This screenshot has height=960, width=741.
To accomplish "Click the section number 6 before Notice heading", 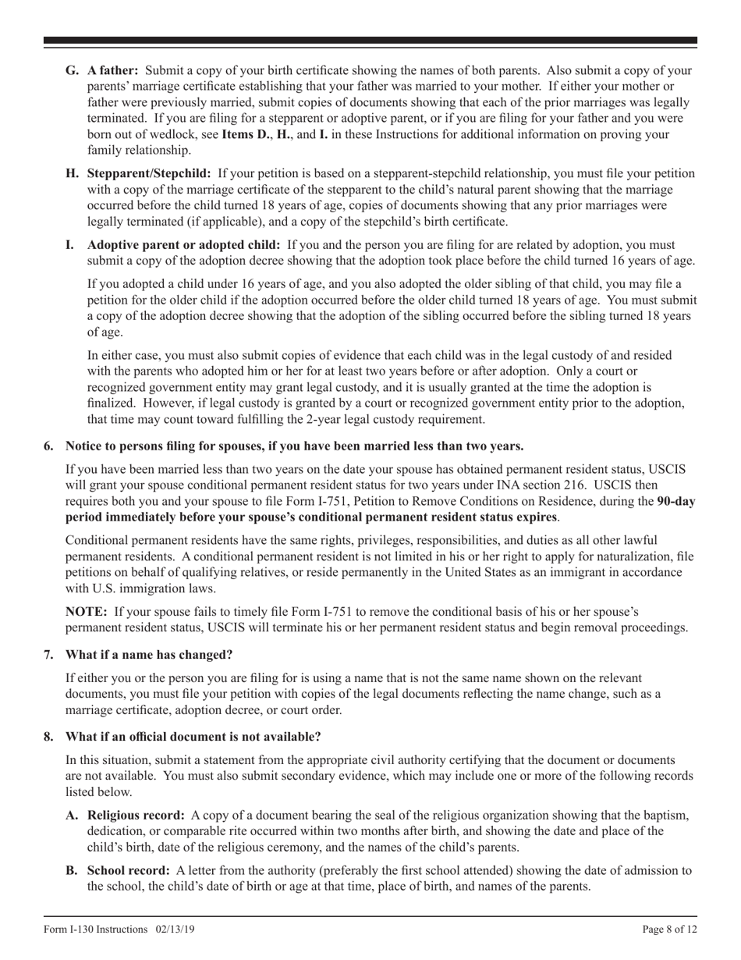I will point(49,446).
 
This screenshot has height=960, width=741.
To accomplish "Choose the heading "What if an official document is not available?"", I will point(193,737).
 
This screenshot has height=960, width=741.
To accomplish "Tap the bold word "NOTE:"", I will point(87,612).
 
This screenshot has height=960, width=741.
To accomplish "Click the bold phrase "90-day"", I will point(676,501).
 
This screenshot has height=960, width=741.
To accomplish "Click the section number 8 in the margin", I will point(49,737).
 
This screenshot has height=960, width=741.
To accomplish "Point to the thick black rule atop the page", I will point(370,40).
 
